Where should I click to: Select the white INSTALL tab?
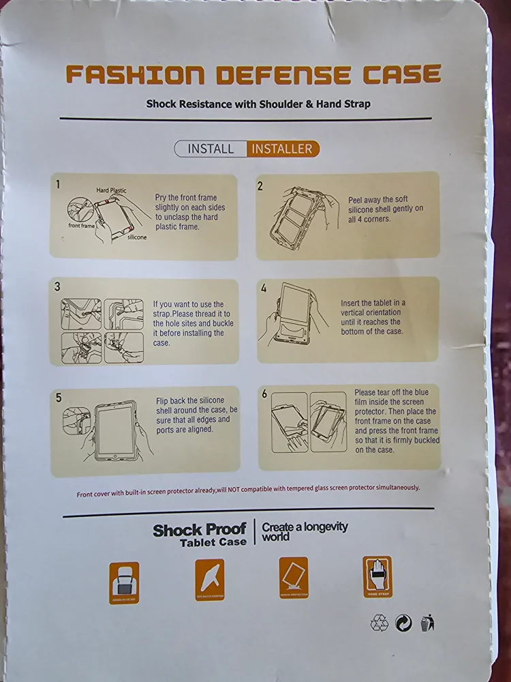pos(211,149)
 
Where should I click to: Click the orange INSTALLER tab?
pos(282,149)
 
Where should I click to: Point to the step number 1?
pos(59,184)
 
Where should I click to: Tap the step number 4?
pos(264,288)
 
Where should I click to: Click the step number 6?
pos(264,394)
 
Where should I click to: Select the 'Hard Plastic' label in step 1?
pos(110,190)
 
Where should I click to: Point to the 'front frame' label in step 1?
pos(82,225)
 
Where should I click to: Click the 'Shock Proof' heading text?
pos(199,529)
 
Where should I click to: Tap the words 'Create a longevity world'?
pos(305,531)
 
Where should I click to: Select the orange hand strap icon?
pos(377,577)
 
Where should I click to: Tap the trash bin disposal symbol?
pos(427,623)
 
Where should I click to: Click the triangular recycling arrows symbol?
pos(380,623)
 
